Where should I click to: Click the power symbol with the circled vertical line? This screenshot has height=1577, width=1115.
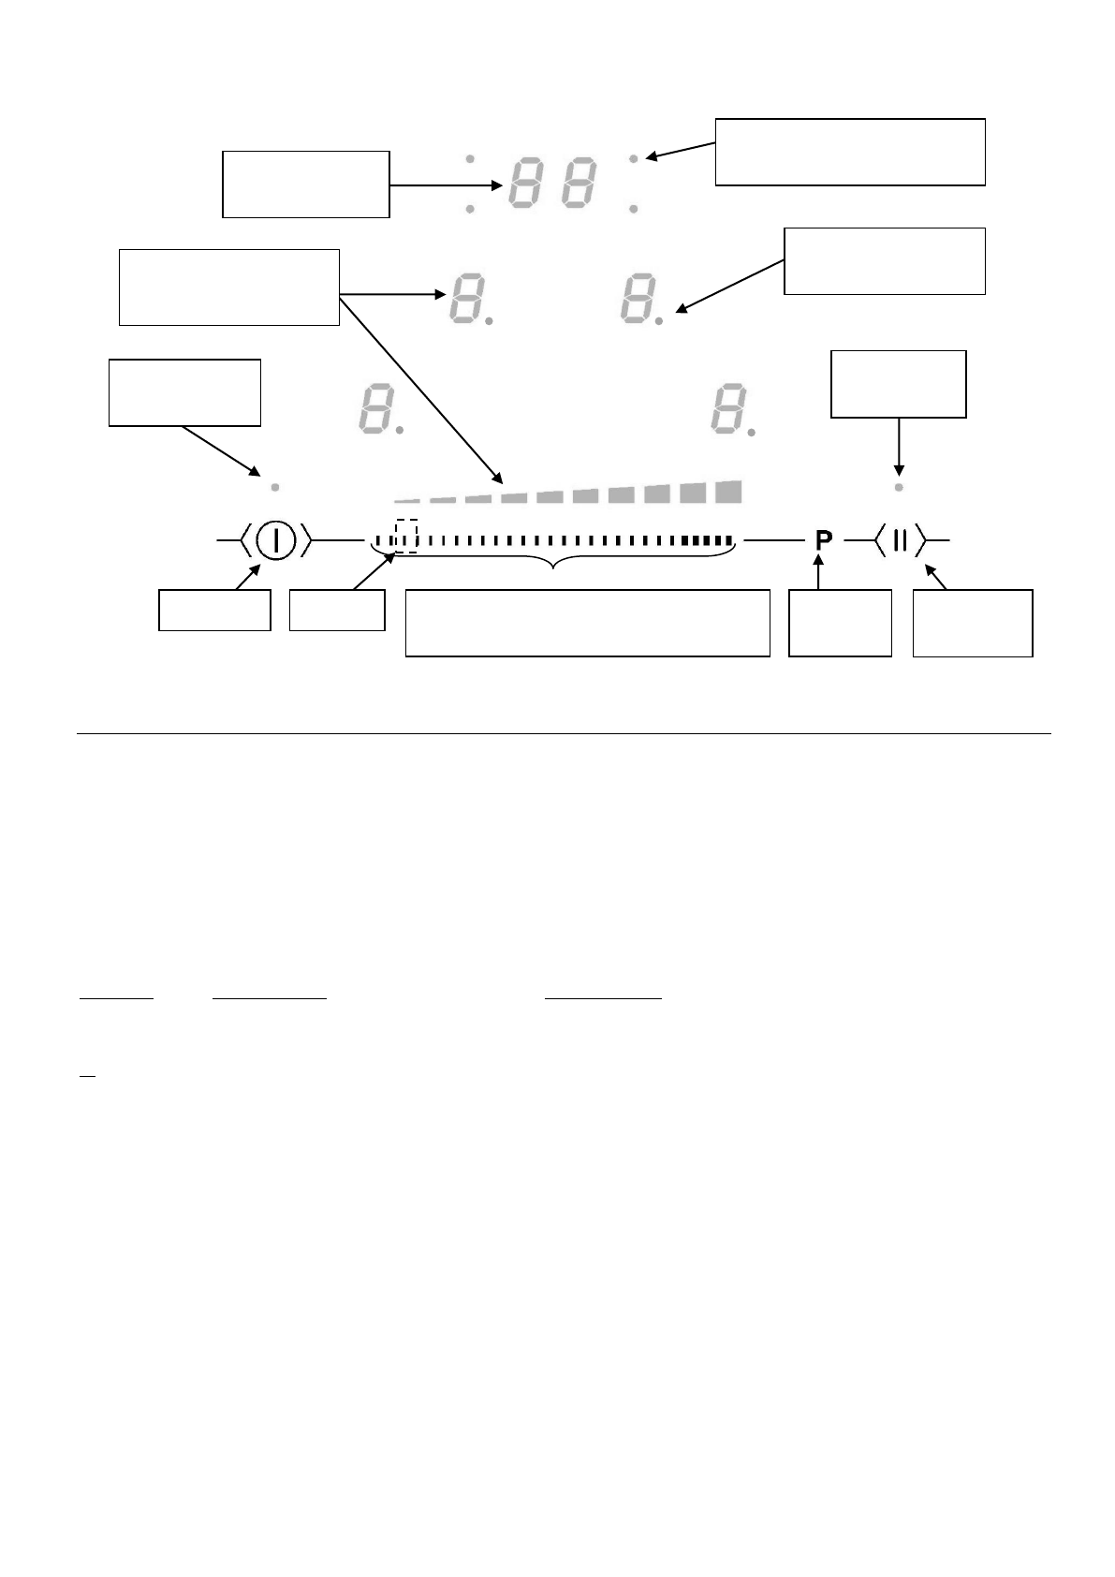[x=276, y=540]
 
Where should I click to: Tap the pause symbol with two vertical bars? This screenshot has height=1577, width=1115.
[x=899, y=540]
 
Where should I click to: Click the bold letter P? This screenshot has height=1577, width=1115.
[x=823, y=540]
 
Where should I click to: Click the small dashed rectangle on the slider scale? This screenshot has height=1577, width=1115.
[x=405, y=537]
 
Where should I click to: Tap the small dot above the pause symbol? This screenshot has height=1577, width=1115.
[x=899, y=488]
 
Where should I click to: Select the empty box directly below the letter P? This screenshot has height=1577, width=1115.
[x=840, y=623]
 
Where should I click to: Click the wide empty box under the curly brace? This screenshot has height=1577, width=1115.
[x=587, y=623]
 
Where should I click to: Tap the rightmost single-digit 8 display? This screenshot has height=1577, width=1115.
[x=727, y=409]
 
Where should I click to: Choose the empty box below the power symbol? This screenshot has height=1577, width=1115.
[x=214, y=610]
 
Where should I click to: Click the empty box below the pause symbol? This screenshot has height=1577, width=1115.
[x=973, y=623]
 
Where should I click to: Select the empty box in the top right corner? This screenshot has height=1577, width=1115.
[x=850, y=152]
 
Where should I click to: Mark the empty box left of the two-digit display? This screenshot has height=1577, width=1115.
[x=305, y=184]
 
